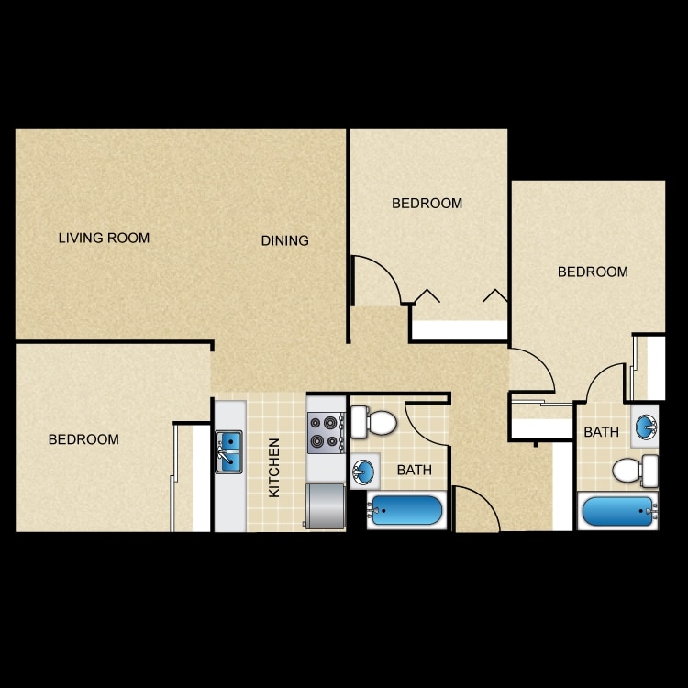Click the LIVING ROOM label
coord(104,239)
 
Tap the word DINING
coord(284,241)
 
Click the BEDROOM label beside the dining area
coord(427,204)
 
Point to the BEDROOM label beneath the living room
coord(83,440)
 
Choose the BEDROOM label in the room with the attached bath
coord(593,272)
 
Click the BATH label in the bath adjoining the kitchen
coord(414,471)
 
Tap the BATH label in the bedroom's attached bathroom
coord(601,432)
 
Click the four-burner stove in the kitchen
coord(324,431)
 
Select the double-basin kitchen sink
coord(229,452)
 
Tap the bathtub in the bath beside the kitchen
coord(405,510)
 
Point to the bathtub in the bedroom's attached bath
coord(617,511)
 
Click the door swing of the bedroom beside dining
coord(376,280)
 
